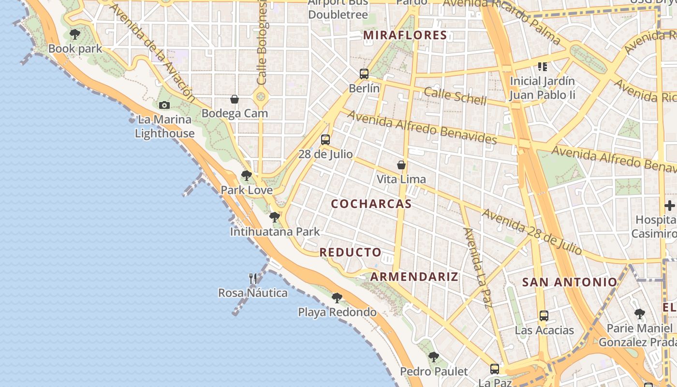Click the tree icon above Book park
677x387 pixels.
[74, 34]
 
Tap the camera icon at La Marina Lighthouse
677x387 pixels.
[164, 105]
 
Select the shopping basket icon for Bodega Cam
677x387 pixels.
[235, 99]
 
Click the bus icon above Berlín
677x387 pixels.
[364, 74]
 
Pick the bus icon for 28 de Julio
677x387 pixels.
[325, 140]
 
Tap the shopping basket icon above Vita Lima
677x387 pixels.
[401, 165]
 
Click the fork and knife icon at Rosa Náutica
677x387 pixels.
[253, 279]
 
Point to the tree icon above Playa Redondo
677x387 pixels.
[337, 298]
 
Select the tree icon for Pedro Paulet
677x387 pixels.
[434, 357]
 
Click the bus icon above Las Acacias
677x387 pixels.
[544, 316]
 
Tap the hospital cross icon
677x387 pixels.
[670, 206]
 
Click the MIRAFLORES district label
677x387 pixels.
[405, 35]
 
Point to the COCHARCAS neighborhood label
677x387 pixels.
[371, 204]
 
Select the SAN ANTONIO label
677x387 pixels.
[570, 282]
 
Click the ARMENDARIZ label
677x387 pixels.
[414, 277]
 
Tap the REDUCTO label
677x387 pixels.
[351, 253]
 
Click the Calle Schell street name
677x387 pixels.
[455, 96]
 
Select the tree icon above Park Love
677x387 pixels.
[247, 176]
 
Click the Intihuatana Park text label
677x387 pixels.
[275, 232]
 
